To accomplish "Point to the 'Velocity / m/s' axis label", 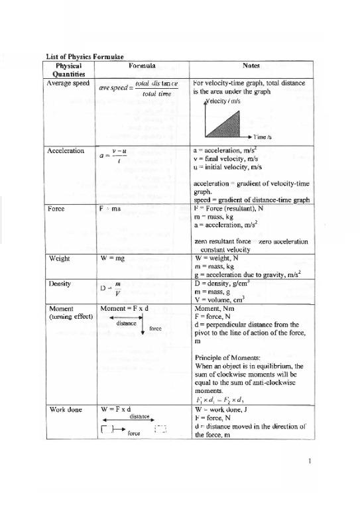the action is click(225, 101).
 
